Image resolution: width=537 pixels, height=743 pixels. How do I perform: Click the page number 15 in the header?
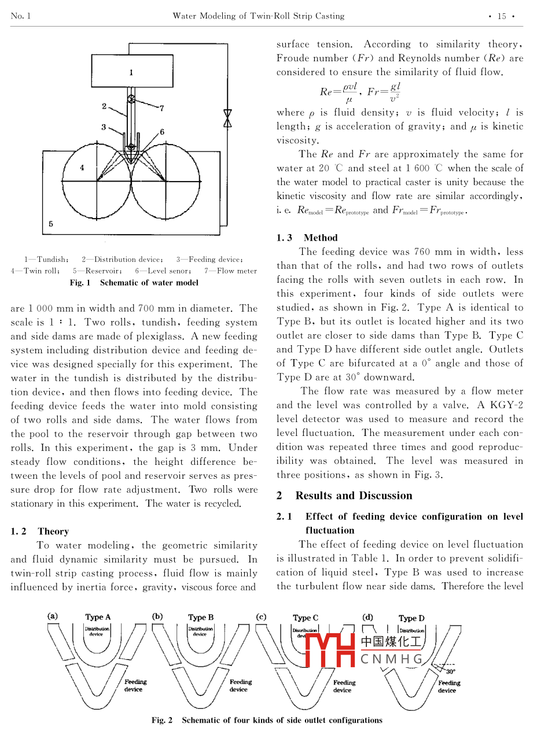pyautogui.click(x=502, y=16)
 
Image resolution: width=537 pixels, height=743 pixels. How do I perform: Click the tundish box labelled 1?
pyautogui.click(x=131, y=72)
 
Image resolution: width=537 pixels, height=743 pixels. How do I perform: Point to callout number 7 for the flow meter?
pyautogui.click(x=162, y=108)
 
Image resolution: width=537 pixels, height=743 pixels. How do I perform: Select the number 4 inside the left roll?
pyautogui.click(x=82, y=168)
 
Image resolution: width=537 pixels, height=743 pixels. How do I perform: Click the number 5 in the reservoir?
pyautogui.click(x=51, y=223)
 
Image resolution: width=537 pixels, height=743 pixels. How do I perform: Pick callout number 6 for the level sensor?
pyautogui.click(x=162, y=132)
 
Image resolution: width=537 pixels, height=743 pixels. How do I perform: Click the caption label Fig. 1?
pyautogui.click(x=80, y=283)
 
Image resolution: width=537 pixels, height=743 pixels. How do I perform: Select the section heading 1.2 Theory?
pyautogui.click(x=39, y=531)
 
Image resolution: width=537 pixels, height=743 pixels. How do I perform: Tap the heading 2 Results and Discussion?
pyautogui.click(x=344, y=496)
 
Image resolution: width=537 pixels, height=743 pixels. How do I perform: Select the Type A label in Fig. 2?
pyautogui.click(x=98, y=617)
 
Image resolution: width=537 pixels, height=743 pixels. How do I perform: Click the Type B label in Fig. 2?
pyautogui.click(x=201, y=617)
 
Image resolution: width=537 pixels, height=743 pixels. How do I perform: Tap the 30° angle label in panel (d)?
pyautogui.click(x=451, y=671)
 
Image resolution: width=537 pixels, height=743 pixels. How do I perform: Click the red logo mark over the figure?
pyautogui.click(x=329, y=649)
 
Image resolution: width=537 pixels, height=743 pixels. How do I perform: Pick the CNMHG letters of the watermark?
pyautogui.click(x=391, y=659)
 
